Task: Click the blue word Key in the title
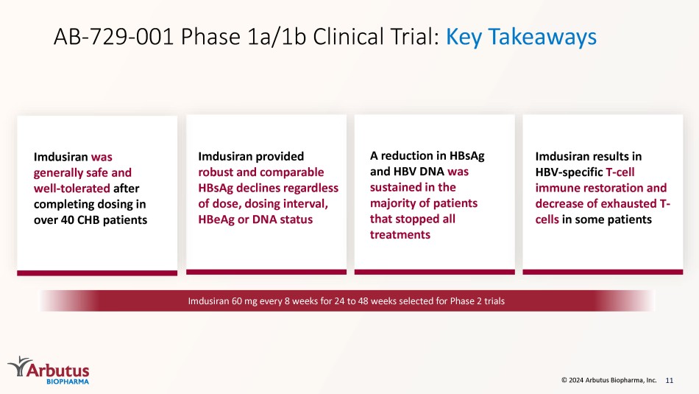(464, 37)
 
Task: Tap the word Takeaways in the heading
(542, 37)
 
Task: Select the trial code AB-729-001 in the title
(113, 37)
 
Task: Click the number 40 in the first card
(67, 220)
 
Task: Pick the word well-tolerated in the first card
(72, 189)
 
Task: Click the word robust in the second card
(215, 172)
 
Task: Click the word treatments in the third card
(400, 235)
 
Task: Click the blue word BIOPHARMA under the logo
(68, 381)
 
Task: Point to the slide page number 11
(669, 380)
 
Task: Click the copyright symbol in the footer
(564, 380)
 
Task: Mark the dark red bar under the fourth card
(603, 272)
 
